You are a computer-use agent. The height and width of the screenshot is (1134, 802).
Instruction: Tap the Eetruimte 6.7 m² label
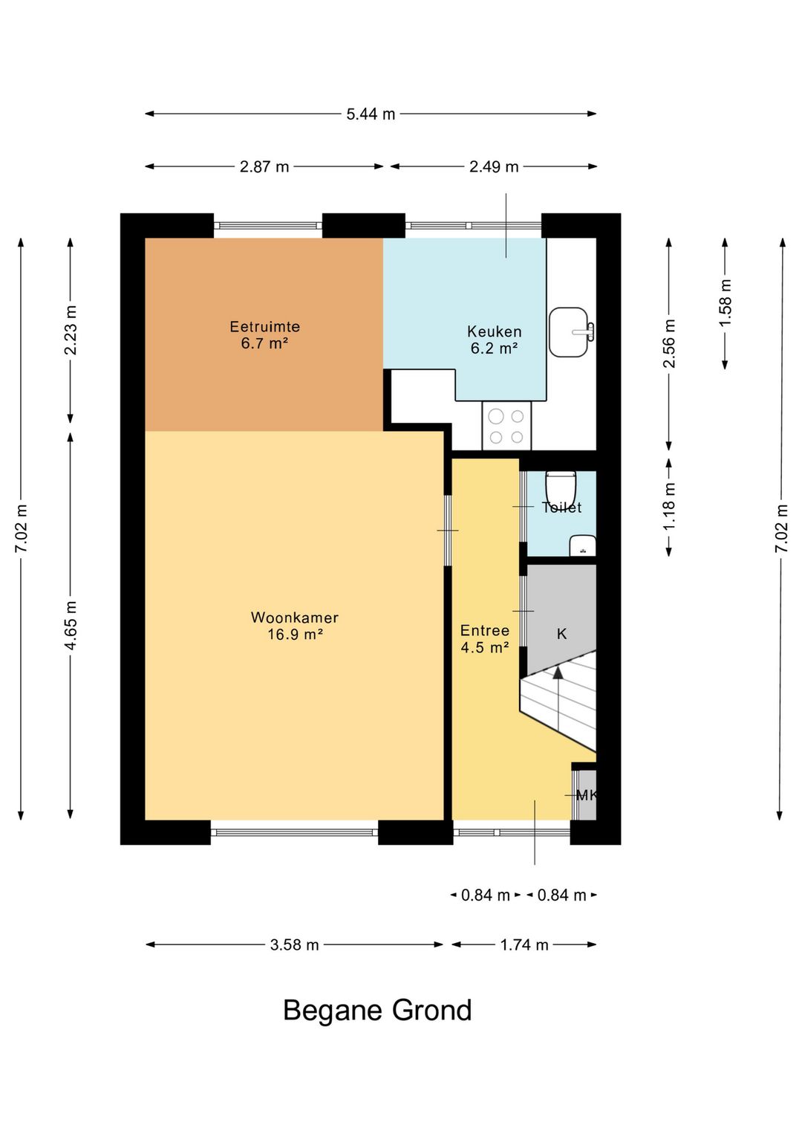click(264, 334)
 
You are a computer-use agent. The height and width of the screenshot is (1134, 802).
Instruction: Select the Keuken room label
click(494, 331)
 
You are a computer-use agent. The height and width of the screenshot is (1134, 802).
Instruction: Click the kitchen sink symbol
click(571, 331)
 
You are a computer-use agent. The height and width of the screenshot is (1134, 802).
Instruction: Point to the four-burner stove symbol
click(506, 426)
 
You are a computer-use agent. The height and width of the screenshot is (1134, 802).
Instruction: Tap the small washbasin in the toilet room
click(582, 545)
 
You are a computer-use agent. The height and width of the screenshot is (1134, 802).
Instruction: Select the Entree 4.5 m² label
click(485, 638)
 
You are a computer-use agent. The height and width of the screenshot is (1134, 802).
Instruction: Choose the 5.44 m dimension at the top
click(371, 114)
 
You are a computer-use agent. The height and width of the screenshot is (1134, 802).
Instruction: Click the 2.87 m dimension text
click(264, 166)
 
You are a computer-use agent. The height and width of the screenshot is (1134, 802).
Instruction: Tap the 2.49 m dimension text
click(494, 166)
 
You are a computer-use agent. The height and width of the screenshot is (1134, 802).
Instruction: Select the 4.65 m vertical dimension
click(71, 625)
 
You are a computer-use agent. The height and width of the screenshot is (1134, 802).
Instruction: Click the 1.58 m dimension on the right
click(725, 303)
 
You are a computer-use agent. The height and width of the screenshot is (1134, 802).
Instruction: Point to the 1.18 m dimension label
click(669, 507)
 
